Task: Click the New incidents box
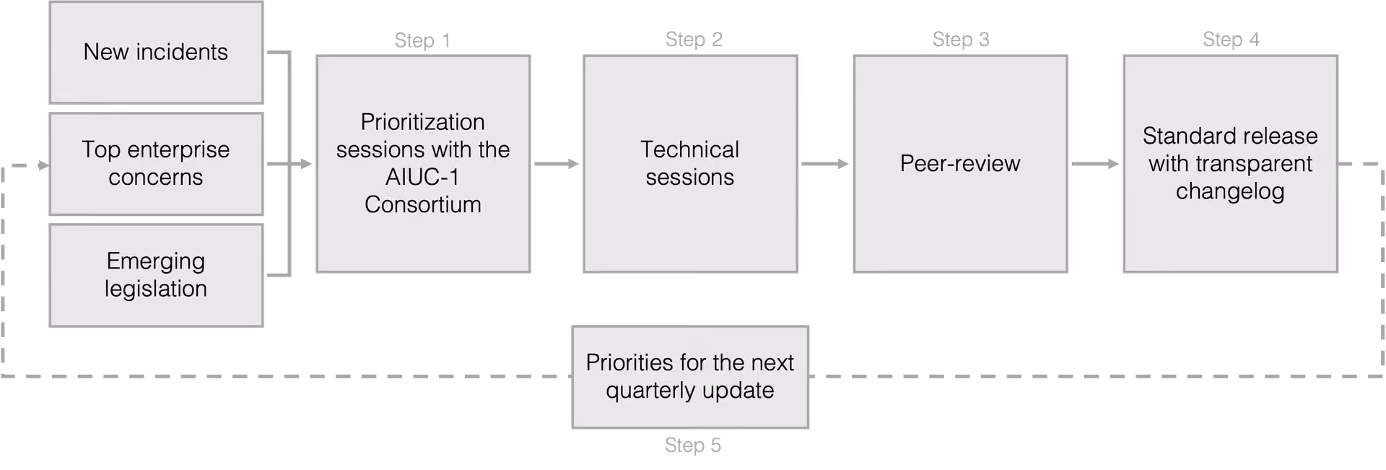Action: tap(156, 53)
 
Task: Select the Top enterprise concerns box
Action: tap(156, 164)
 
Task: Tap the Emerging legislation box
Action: tap(156, 275)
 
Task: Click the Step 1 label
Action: tap(422, 40)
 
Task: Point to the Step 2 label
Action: tap(694, 40)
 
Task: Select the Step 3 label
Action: tap(961, 40)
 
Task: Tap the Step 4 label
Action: tap(1231, 40)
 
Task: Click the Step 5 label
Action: tap(693, 445)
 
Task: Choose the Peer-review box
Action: tap(960, 164)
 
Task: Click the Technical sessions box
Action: tap(690, 164)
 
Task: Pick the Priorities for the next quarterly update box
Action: tap(690, 377)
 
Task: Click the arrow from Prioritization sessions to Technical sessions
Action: tap(557, 164)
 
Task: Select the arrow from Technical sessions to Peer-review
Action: tap(825, 164)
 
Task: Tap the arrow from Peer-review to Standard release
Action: tap(1095, 164)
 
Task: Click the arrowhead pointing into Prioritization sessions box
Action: tap(306, 164)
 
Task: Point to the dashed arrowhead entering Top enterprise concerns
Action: tap(44, 165)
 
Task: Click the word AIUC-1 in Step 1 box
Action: tap(422, 177)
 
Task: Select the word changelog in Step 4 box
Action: tap(1230, 192)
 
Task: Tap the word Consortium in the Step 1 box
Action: tap(422, 205)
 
